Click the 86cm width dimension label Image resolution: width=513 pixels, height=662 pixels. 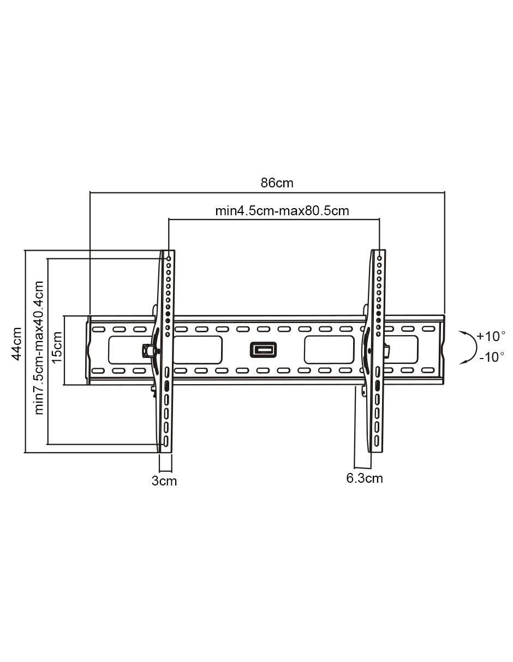277,183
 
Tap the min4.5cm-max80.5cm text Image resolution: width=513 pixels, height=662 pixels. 282,211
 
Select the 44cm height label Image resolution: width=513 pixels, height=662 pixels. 16,344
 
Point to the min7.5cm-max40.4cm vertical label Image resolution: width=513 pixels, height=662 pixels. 39,348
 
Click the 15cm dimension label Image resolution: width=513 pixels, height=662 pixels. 57,347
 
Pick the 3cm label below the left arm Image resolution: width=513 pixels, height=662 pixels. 164,481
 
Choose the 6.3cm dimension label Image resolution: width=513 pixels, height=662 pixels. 365,478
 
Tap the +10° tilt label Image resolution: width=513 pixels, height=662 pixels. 491,336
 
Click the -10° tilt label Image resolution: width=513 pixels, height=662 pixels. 491,357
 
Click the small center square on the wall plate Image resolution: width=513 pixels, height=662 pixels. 264,350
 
